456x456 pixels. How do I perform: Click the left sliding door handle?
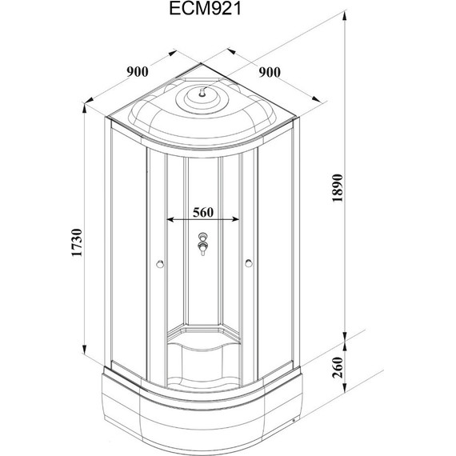coord(162,263)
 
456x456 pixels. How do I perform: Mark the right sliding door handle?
coord(247,263)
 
